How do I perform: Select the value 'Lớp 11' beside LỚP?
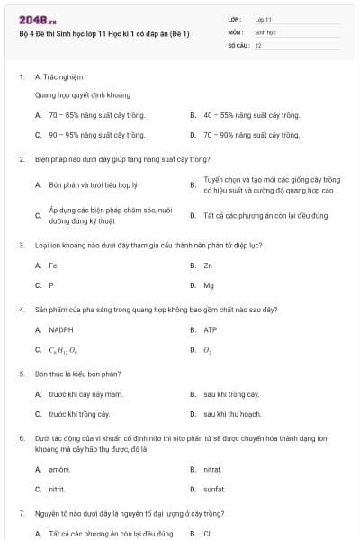coord(264,19)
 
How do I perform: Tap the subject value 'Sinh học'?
coord(265,31)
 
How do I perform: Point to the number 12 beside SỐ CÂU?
coord(258,45)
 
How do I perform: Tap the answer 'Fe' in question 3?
coord(53,265)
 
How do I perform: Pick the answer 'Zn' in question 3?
coord(208,265)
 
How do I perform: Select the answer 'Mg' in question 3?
coord(209,285)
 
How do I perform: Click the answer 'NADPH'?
coord(61,329)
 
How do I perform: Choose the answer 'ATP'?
coord(211,329)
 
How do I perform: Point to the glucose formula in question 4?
coord(63,350)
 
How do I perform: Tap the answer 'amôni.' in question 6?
coord(60,469)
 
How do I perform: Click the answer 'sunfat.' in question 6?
coord(216,489)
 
